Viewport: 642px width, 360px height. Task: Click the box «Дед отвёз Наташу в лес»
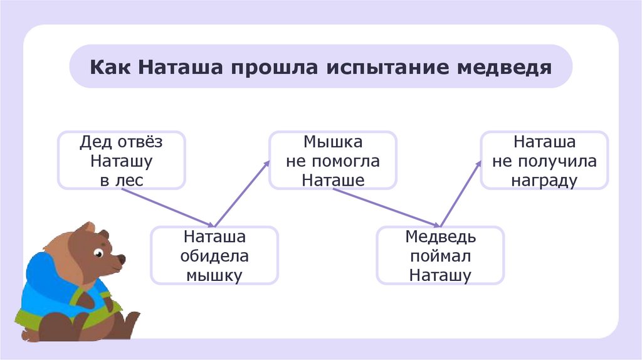(122, 160)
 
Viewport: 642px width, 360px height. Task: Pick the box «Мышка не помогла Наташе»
(333, 160)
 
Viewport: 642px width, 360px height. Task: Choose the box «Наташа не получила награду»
(544, 160)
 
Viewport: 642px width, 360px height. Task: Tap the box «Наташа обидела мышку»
(214, 255)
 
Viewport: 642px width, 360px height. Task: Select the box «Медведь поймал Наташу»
(440, 255)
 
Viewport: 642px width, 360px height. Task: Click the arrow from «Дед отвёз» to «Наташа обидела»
(167, 208)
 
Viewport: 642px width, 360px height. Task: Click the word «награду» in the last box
(544, 180)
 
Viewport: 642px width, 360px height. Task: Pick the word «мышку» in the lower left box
(214, 275)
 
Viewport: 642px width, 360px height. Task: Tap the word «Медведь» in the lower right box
(440, 237)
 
